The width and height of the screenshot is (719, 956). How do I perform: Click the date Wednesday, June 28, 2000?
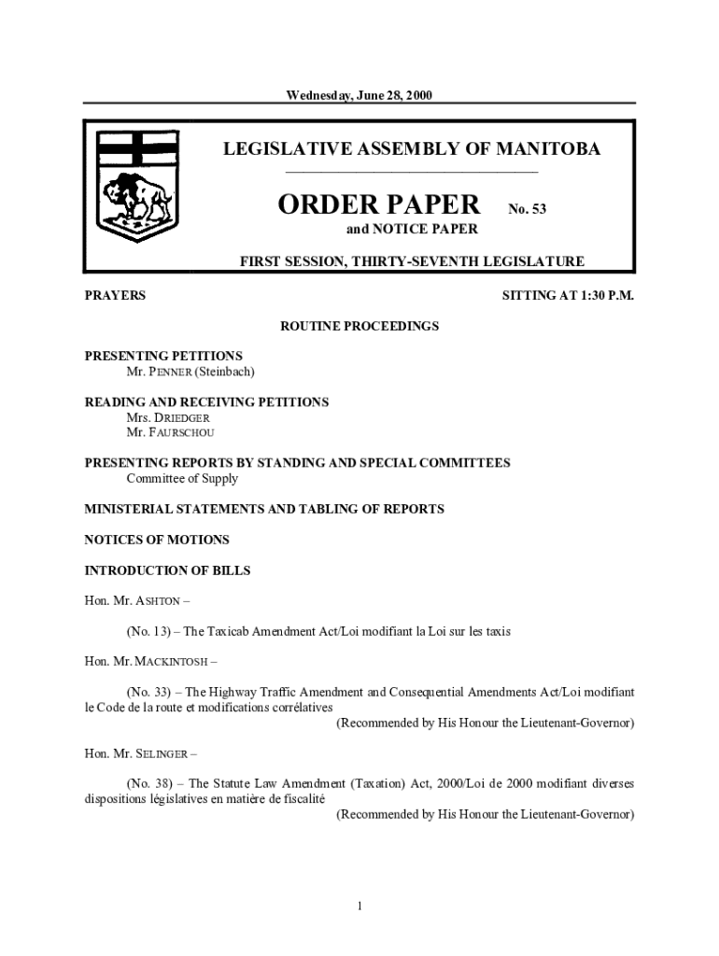(359, 95)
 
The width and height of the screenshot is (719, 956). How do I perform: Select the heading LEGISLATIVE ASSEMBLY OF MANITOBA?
(411, 149)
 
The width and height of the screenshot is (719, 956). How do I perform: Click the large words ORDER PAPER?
(379, 204)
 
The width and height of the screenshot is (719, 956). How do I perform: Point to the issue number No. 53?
(527, 209)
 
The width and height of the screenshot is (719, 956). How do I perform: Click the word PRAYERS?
(115, 296)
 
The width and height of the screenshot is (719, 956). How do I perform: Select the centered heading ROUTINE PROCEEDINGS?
(359, 326)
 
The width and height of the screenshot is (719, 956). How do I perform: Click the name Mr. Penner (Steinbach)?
(190, 372)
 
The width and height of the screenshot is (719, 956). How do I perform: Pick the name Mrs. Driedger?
(162, 417)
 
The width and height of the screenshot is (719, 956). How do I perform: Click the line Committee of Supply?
(182, 479)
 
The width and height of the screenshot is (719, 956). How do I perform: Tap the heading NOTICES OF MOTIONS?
(157, 540)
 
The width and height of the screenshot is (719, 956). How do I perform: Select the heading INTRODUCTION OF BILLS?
(167, 570)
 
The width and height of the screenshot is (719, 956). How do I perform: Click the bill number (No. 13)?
(149, 631)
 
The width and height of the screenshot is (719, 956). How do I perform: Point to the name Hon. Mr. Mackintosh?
(147, 662)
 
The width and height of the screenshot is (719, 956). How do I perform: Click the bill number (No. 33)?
(149, 692)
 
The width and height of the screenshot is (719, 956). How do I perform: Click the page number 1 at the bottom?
(359, 905)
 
